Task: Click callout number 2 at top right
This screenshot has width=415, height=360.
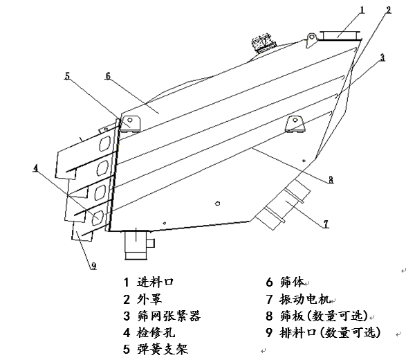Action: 389,10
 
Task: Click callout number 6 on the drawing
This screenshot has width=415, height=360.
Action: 108,77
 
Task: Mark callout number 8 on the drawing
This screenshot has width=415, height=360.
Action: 331,179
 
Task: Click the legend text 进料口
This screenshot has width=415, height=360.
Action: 156,282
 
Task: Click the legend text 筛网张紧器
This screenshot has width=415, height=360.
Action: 169,316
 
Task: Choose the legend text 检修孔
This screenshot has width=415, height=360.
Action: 155,332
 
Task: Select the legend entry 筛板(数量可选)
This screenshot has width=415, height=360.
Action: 322,316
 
